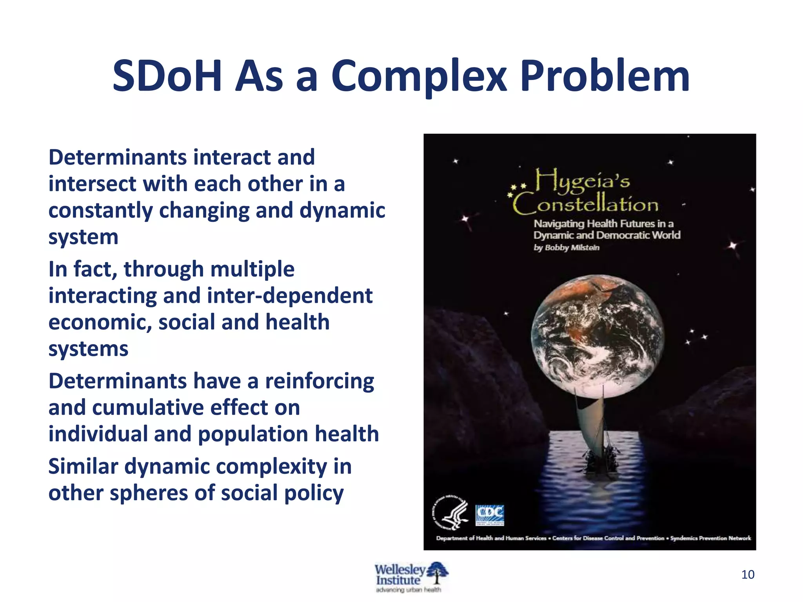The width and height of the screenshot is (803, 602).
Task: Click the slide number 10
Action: [x=748, y=575]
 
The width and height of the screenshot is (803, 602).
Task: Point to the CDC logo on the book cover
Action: [x=490, y=515]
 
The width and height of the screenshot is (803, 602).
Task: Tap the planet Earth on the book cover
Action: [x=598, y=336]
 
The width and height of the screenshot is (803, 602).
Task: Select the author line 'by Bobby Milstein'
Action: [x=566, y=248]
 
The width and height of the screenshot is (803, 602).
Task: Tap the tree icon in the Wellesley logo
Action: [x=437, y=573]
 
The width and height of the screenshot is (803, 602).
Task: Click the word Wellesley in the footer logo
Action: [x=400, y=569]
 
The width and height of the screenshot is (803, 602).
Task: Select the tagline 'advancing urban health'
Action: [x=408, y=590]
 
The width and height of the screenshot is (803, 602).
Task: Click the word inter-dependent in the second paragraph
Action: [x=290, y=296]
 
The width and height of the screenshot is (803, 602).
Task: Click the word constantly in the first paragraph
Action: [x=100, y=210]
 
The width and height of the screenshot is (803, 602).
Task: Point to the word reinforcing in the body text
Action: [x=320, y=381]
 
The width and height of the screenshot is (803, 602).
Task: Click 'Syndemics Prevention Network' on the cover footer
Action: [x=710, y=538]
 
